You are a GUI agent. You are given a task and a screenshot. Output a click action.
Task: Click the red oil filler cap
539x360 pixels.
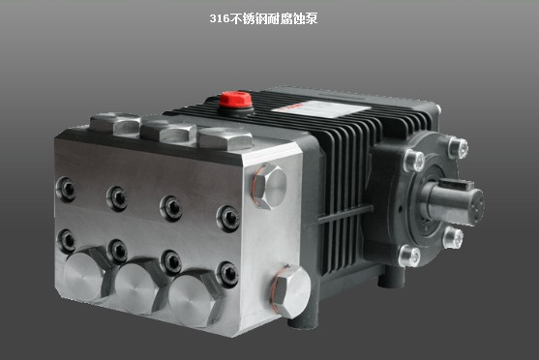coord(235,100)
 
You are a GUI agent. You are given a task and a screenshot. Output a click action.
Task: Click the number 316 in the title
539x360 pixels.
coord(220,18)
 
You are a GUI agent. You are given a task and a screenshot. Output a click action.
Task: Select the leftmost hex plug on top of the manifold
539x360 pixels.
coord(115,123)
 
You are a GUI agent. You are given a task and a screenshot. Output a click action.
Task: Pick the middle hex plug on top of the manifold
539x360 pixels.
coord(168,131)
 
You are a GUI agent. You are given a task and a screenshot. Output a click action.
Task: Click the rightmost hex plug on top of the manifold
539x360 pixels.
coord(225,138)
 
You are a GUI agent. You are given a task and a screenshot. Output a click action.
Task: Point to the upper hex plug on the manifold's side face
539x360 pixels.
coord(270,186)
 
